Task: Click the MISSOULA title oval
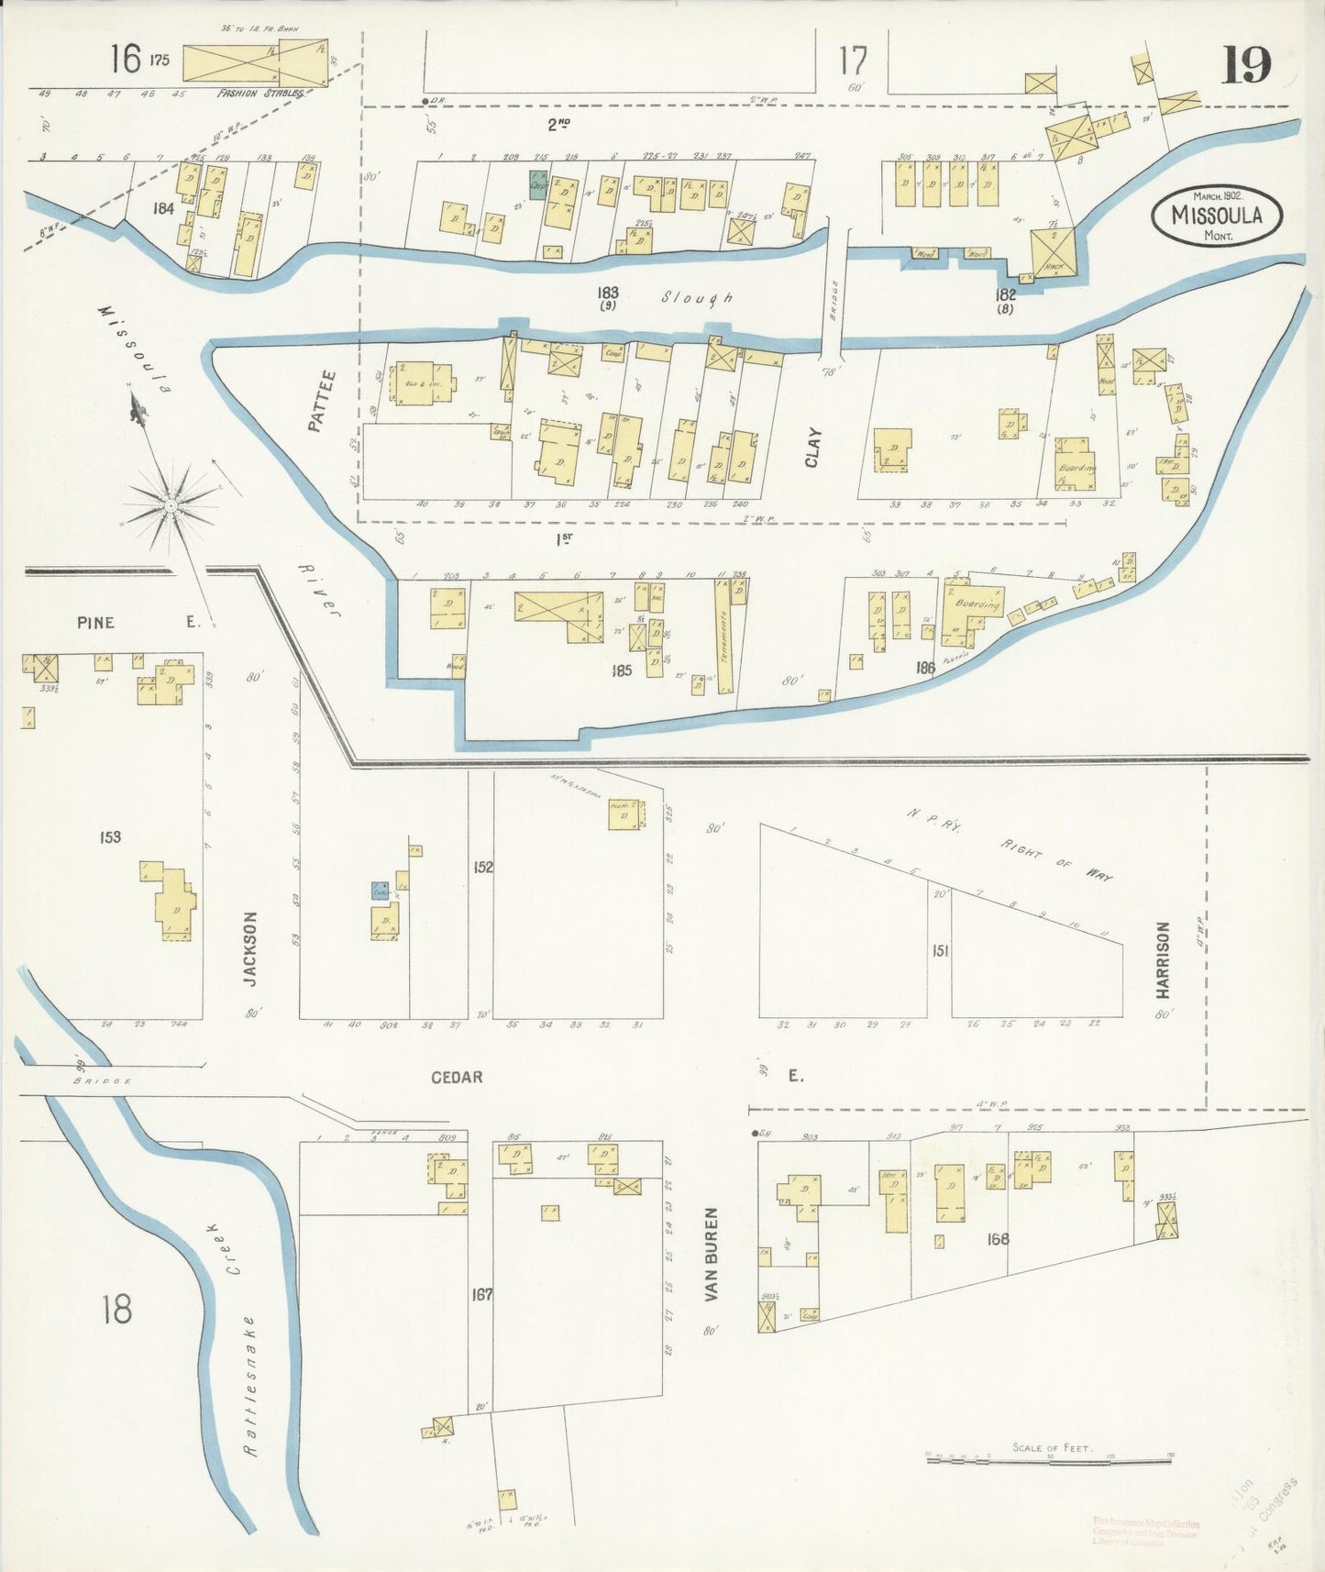pos(1217,216)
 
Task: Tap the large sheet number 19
pos(1245,65)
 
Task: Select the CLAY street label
pos(812,448)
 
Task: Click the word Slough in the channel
pos(697,297)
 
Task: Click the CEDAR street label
pos(457,1077)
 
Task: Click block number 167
pos(482,1295)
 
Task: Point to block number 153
pos(110,836)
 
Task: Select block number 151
pos(940,951)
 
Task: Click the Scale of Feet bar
pos(1050,1456)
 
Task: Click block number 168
pos(998,1239)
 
